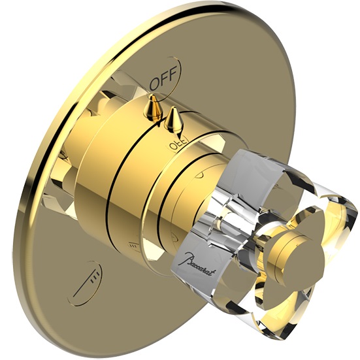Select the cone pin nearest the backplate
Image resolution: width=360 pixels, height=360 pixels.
[153, 108]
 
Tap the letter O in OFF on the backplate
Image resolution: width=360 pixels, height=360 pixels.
[155, 84]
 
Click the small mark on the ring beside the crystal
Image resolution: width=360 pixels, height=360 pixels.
[199, 175]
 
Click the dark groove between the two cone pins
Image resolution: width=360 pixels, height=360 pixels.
[165, 118]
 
